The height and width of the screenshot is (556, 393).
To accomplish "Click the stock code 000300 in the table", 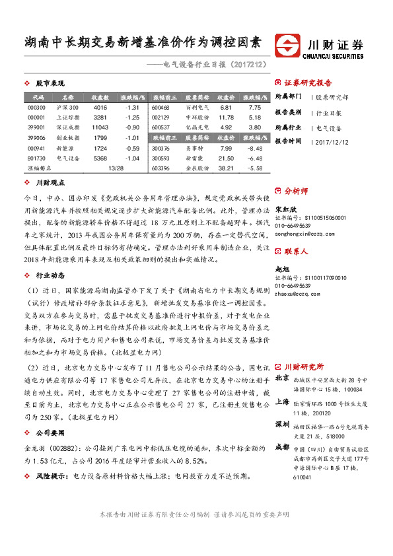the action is click(x=37, y=107).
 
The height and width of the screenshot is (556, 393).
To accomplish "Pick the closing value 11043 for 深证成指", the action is click(x=100, y=126).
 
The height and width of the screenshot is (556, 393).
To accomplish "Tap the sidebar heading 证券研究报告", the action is click(x=308, y=83).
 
